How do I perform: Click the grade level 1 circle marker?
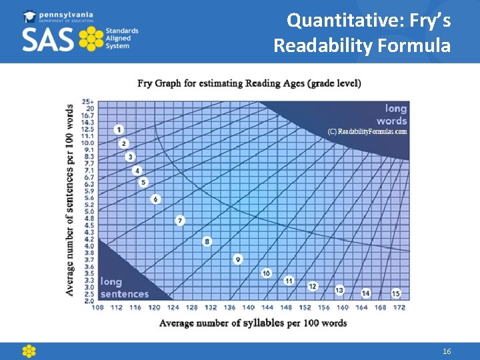119,129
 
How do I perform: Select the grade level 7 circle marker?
180,220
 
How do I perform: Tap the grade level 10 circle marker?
267,273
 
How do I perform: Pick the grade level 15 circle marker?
396,293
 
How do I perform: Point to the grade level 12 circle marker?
313,286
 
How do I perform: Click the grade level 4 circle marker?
137,171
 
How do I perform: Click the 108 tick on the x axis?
97,307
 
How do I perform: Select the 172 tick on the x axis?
399,307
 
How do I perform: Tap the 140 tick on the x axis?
248,307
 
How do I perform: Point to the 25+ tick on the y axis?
88,101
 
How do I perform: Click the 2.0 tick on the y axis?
88,301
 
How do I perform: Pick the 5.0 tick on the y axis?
88,211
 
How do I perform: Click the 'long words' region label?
392,114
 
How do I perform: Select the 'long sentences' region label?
125,288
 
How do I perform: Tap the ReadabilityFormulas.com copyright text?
367,131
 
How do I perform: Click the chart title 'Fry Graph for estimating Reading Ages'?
249,83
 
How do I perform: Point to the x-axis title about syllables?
253,323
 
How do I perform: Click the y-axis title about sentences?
70,200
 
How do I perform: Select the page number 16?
447,351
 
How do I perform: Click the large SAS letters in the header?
48,39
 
